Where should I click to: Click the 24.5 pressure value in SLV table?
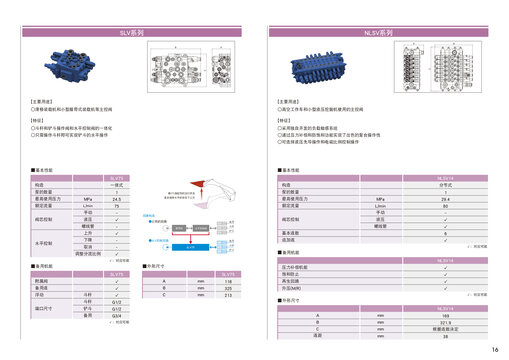pyautogui.click(x=117, y=200)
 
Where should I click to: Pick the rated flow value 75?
pyautogui.click(x=117, y=206)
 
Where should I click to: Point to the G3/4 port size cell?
pyautogui.click(x=117, y=315)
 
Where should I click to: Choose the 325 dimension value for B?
pyautogui.click(x=229, y=289)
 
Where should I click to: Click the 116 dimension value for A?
pyautogui.click(x=229, y=282)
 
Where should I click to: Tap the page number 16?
pyautogui.click(x=495, y=349)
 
